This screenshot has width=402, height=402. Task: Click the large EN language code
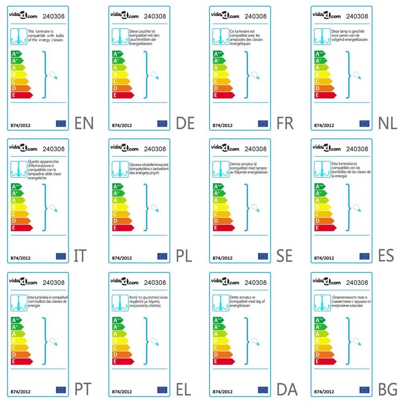(84, 123)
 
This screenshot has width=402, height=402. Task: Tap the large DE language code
(185, 123)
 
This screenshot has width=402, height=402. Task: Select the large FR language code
(286, 123)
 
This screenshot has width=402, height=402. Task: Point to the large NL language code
(388, 123)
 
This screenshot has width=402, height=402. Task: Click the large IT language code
(80, 256)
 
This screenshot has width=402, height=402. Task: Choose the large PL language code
(185, 256)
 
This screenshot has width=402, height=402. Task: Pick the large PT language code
(84, 389)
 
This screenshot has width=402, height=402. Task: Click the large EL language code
(185, 389)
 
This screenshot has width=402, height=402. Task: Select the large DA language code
(287, 389)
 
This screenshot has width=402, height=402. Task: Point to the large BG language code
(388, 389)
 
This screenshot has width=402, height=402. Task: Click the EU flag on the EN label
(61, 123)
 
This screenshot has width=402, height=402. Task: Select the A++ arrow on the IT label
(16, 187)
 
